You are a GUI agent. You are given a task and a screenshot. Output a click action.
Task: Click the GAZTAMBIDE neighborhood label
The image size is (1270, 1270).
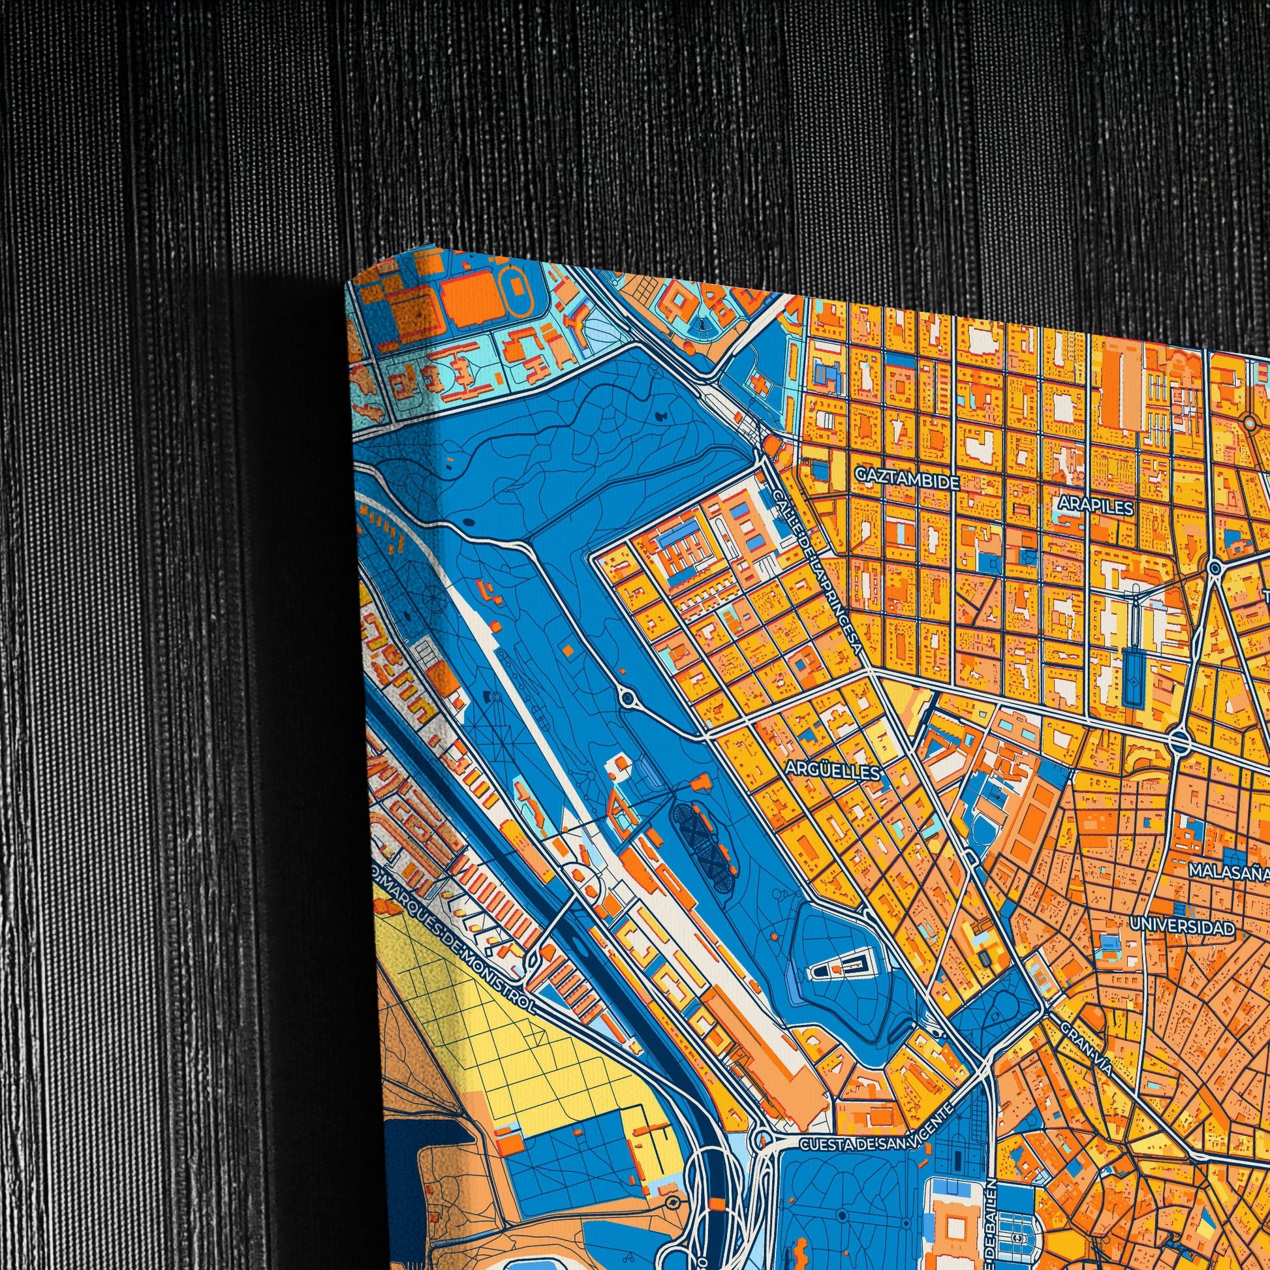click(x=908, y=482)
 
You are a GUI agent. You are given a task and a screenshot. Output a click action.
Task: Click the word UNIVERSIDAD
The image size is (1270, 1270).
click(x=1182, y=927)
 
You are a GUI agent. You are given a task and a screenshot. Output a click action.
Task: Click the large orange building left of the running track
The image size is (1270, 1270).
click(x=469, y=300)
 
